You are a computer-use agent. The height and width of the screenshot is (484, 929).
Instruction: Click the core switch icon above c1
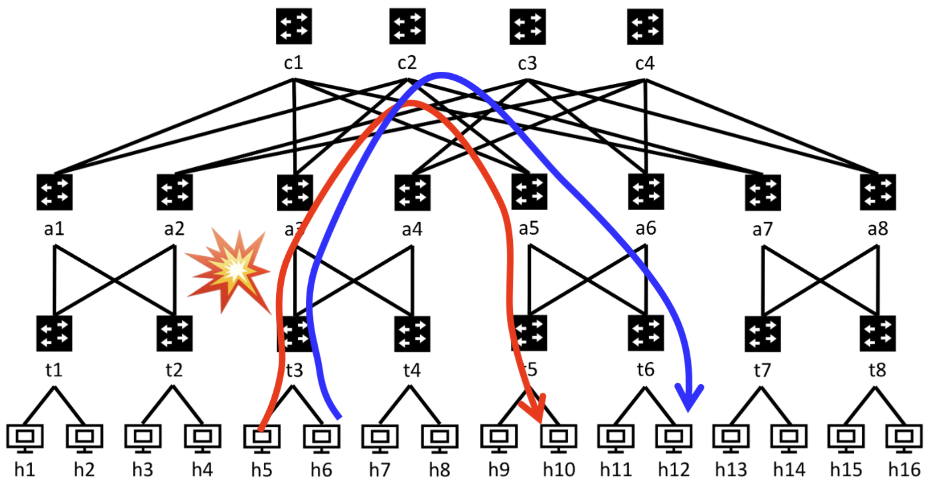pos(294,26)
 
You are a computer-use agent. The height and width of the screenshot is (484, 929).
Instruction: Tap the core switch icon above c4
pos(645,27)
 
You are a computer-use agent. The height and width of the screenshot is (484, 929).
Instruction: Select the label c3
pos(527,63)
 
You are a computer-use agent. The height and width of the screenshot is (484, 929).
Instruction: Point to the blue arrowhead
pos(689,399)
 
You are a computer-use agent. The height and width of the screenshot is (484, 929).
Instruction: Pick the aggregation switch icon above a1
pos(54,192)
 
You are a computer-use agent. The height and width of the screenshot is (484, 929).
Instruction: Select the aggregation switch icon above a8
pos(878,192)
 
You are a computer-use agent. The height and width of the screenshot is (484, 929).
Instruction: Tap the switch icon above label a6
pos(646,192)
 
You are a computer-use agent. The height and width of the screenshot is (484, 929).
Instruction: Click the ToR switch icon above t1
pos(54,334)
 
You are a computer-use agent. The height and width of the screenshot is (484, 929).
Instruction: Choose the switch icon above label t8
pos(878,334)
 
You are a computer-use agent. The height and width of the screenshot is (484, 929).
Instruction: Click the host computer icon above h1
pos(25,437)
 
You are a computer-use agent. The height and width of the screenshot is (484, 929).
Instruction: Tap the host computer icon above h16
pos(904,437)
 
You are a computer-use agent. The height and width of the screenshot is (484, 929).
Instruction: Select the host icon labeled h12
pos(674,437)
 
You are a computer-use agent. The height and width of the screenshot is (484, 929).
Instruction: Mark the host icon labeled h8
pos(440,437)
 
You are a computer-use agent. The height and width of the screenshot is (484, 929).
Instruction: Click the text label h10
pos(559,470)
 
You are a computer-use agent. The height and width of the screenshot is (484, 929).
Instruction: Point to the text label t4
pos(412,370)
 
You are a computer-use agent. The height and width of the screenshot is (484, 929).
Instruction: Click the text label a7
pos(763,229)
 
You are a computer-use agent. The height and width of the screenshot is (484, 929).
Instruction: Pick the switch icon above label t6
pos(646,334)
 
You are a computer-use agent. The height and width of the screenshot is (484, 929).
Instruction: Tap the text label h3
pos(143,470)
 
